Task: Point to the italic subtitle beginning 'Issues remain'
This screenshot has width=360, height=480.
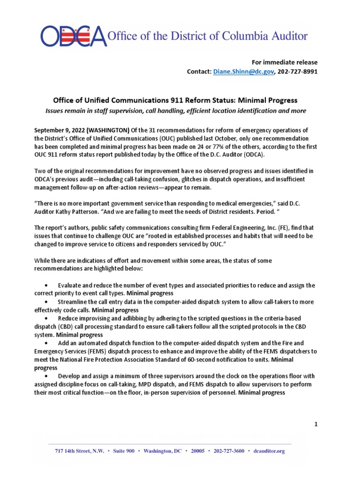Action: [x=175, y=111]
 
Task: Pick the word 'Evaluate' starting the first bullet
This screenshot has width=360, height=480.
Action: [x=71, y=285]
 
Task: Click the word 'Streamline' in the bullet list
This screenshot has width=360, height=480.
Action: [x=75, y=302]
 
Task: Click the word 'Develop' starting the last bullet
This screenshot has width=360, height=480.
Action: [x=70, y=376]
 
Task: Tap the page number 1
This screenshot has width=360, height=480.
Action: [x=316, y=424]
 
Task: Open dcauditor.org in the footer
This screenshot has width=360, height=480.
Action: [x=269, y=451]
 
